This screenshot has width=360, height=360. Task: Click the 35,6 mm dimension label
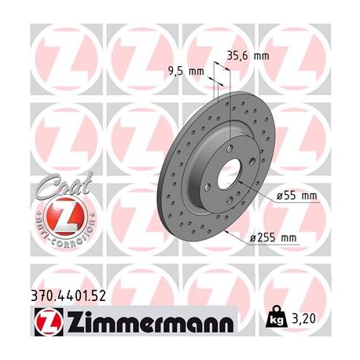(x=246, y=56)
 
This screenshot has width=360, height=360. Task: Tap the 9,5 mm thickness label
(x=186, y=71)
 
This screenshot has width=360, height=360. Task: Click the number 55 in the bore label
(x=285, y=195)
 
